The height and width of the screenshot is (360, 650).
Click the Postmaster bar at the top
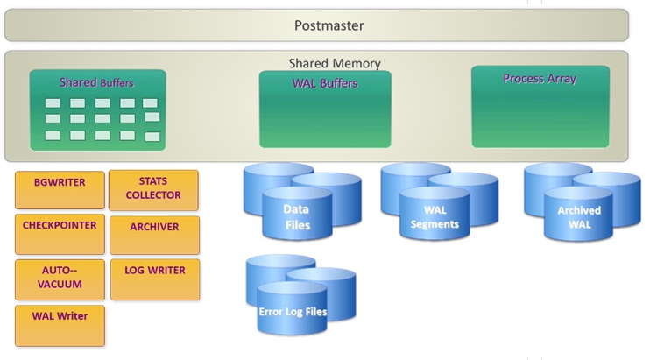click(317, 25)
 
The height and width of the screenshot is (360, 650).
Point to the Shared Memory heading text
click(335, 63)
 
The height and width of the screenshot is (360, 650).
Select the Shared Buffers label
click(96, 82)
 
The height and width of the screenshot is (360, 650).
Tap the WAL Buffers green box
click(325, 109)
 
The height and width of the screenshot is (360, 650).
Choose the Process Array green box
click(540, 107)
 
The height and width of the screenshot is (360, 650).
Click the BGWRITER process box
click(60, 190)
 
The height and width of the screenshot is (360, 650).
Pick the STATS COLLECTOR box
click(153, 190)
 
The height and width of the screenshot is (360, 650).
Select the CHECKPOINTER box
click(60, 234)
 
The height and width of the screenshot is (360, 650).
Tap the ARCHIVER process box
click(155, 235)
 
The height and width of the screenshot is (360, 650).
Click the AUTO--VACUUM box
click(60, 279)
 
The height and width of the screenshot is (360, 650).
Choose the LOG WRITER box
click(155, 279)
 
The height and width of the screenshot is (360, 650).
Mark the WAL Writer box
click(60, 326)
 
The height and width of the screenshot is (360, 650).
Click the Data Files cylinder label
click(297, 217)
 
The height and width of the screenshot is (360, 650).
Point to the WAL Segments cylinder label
click(435, 217)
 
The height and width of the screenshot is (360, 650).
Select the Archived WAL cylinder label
click(579, 217)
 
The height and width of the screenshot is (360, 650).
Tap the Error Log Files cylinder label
click(293, 312)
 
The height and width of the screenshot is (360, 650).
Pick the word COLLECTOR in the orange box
click(153, 195)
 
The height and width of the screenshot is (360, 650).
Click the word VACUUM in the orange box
click(60, 284)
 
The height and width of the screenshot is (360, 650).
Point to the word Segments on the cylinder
click(435, 224)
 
